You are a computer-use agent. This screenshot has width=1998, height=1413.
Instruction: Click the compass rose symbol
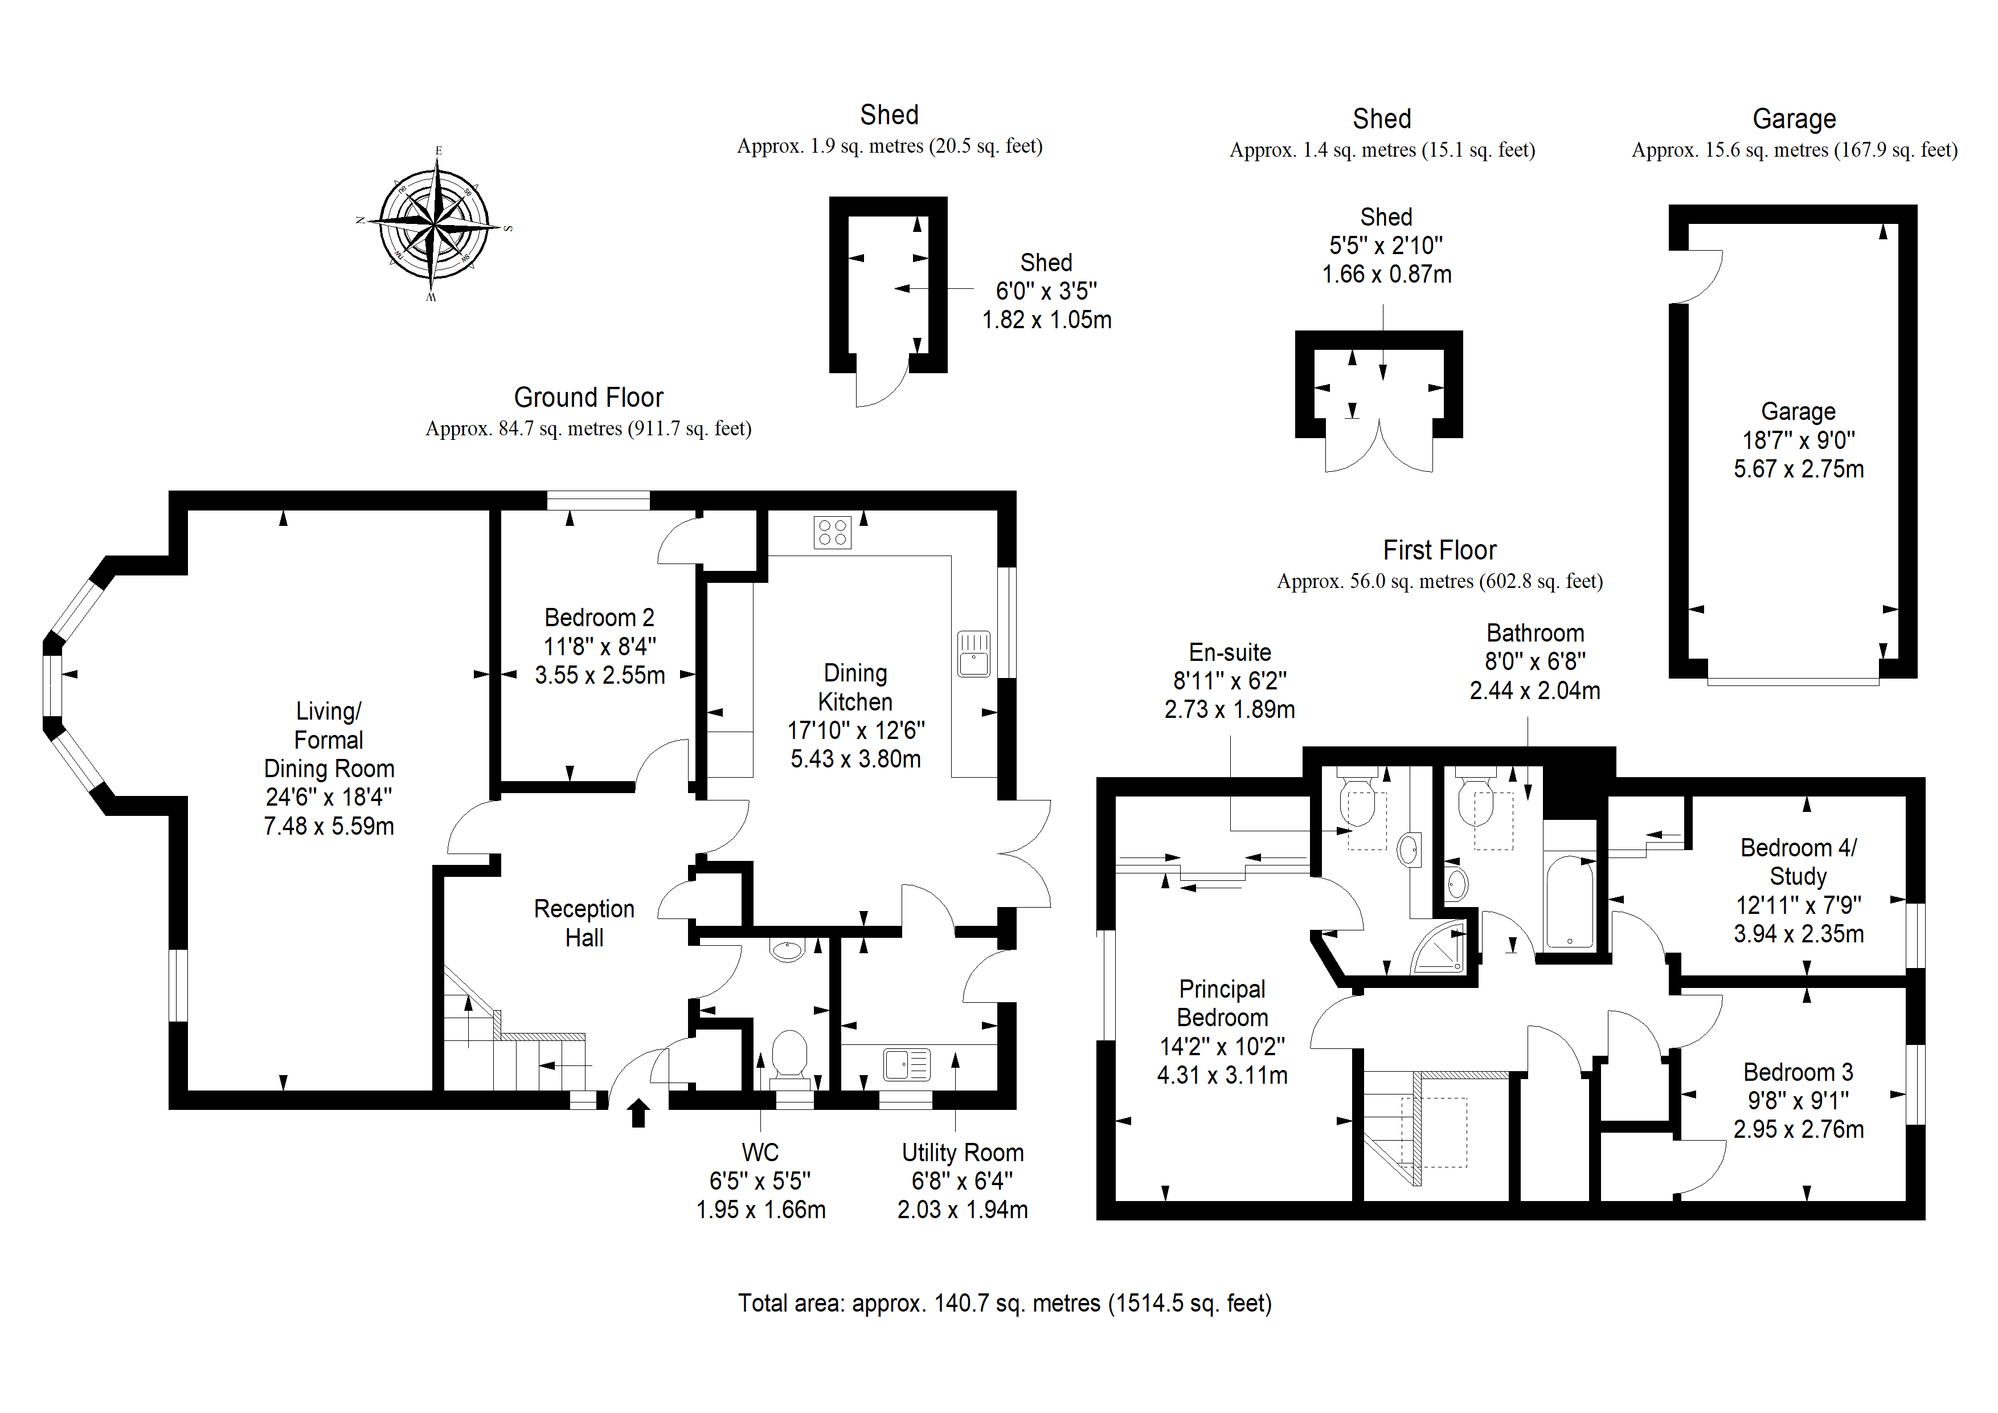point(433,224)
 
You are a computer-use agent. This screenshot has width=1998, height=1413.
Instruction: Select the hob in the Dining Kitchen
point(832,532)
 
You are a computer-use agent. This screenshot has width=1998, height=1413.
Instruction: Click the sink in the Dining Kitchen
point(974,653)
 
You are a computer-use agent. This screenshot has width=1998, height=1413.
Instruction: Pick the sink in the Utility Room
point(907,1064)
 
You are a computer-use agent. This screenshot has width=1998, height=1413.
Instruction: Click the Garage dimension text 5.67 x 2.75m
point(1799,469)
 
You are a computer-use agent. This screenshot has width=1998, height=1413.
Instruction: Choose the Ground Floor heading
point(588,397)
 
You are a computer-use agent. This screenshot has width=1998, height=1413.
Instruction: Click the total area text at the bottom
point(1005,1303)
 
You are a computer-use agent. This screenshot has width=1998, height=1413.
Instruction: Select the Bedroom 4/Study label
point(1798,862)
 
